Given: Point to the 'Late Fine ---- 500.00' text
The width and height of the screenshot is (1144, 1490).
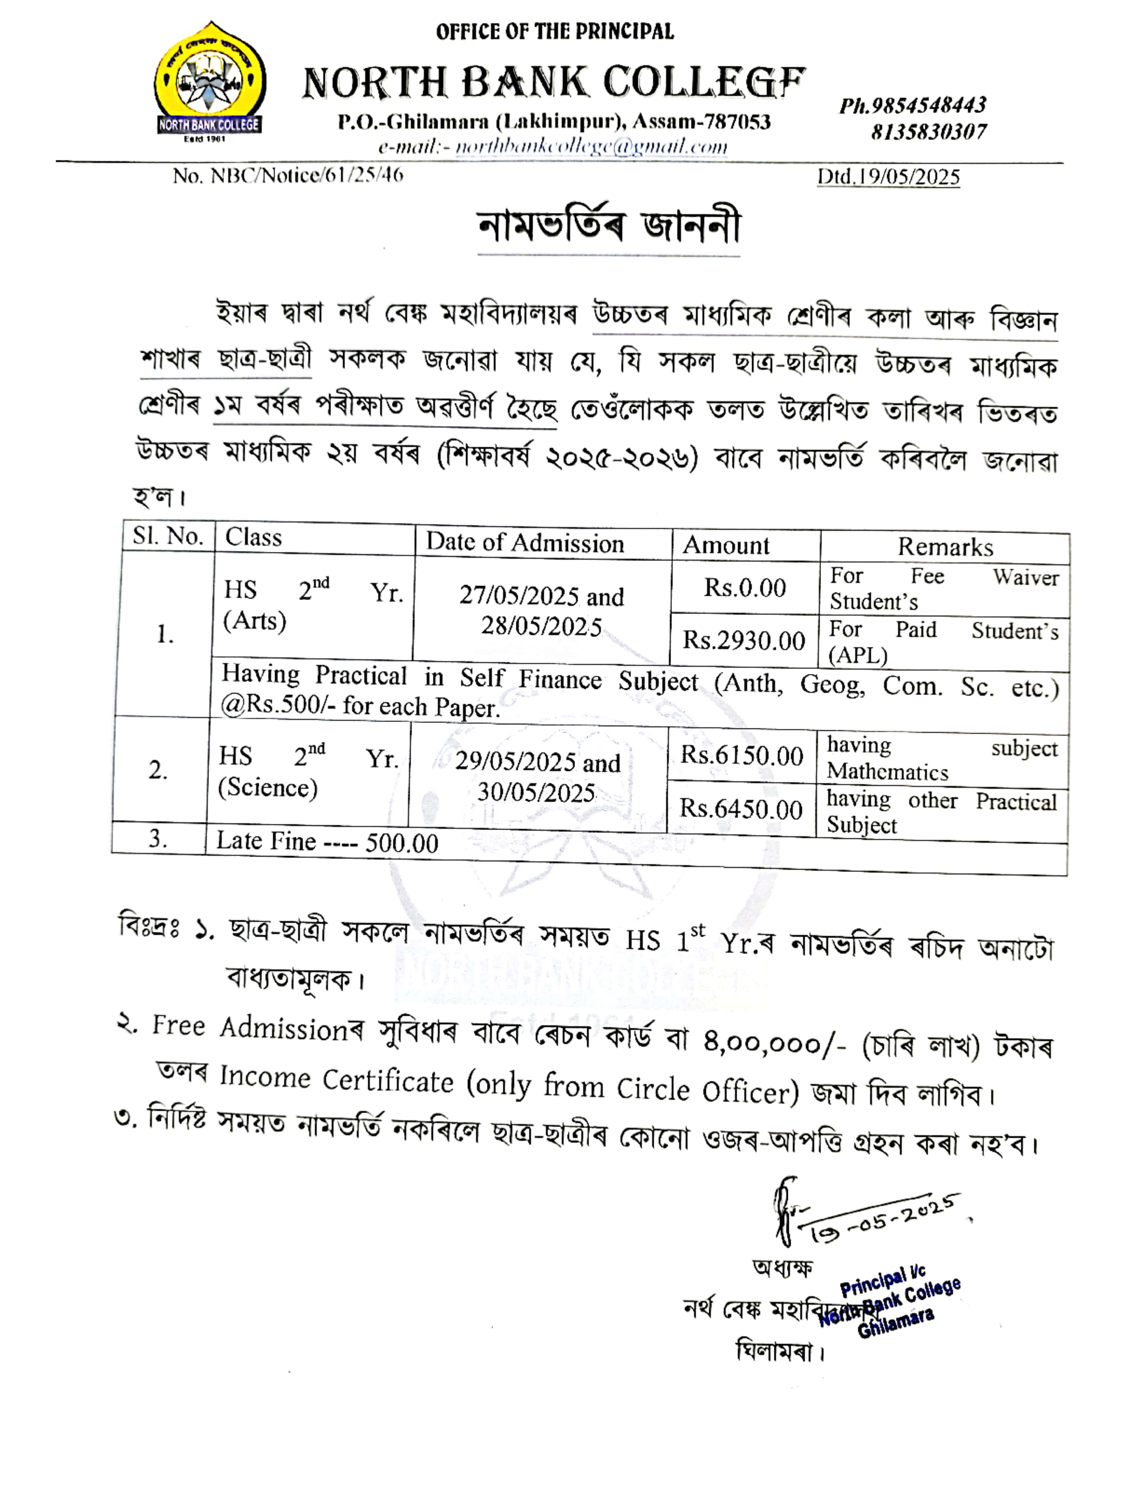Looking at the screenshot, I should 327,842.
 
